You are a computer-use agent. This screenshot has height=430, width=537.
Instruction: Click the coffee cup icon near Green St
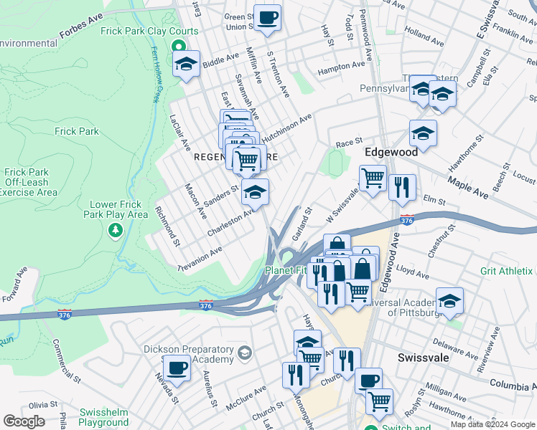[268, 17]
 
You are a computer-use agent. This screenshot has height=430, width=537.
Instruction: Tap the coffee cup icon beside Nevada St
[177, 369]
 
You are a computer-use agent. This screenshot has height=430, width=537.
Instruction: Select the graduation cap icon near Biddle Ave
[186, 64]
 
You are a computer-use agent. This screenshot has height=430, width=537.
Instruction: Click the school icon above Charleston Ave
[255, 191]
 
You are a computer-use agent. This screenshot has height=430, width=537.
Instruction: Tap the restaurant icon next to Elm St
[402, 187]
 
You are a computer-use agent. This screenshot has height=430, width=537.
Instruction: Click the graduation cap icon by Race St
[423, 133]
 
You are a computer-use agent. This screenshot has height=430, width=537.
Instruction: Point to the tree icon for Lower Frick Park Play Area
[114, 230]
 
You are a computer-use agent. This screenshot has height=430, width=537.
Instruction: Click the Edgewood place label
[391, 153]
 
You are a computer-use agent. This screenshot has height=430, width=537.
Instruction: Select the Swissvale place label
[423, 356]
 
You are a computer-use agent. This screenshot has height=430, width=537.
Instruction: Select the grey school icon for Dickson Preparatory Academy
[245, 353]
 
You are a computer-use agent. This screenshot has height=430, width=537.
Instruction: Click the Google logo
[24, 421]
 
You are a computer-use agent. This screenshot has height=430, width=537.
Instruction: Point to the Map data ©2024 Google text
[492, 424]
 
